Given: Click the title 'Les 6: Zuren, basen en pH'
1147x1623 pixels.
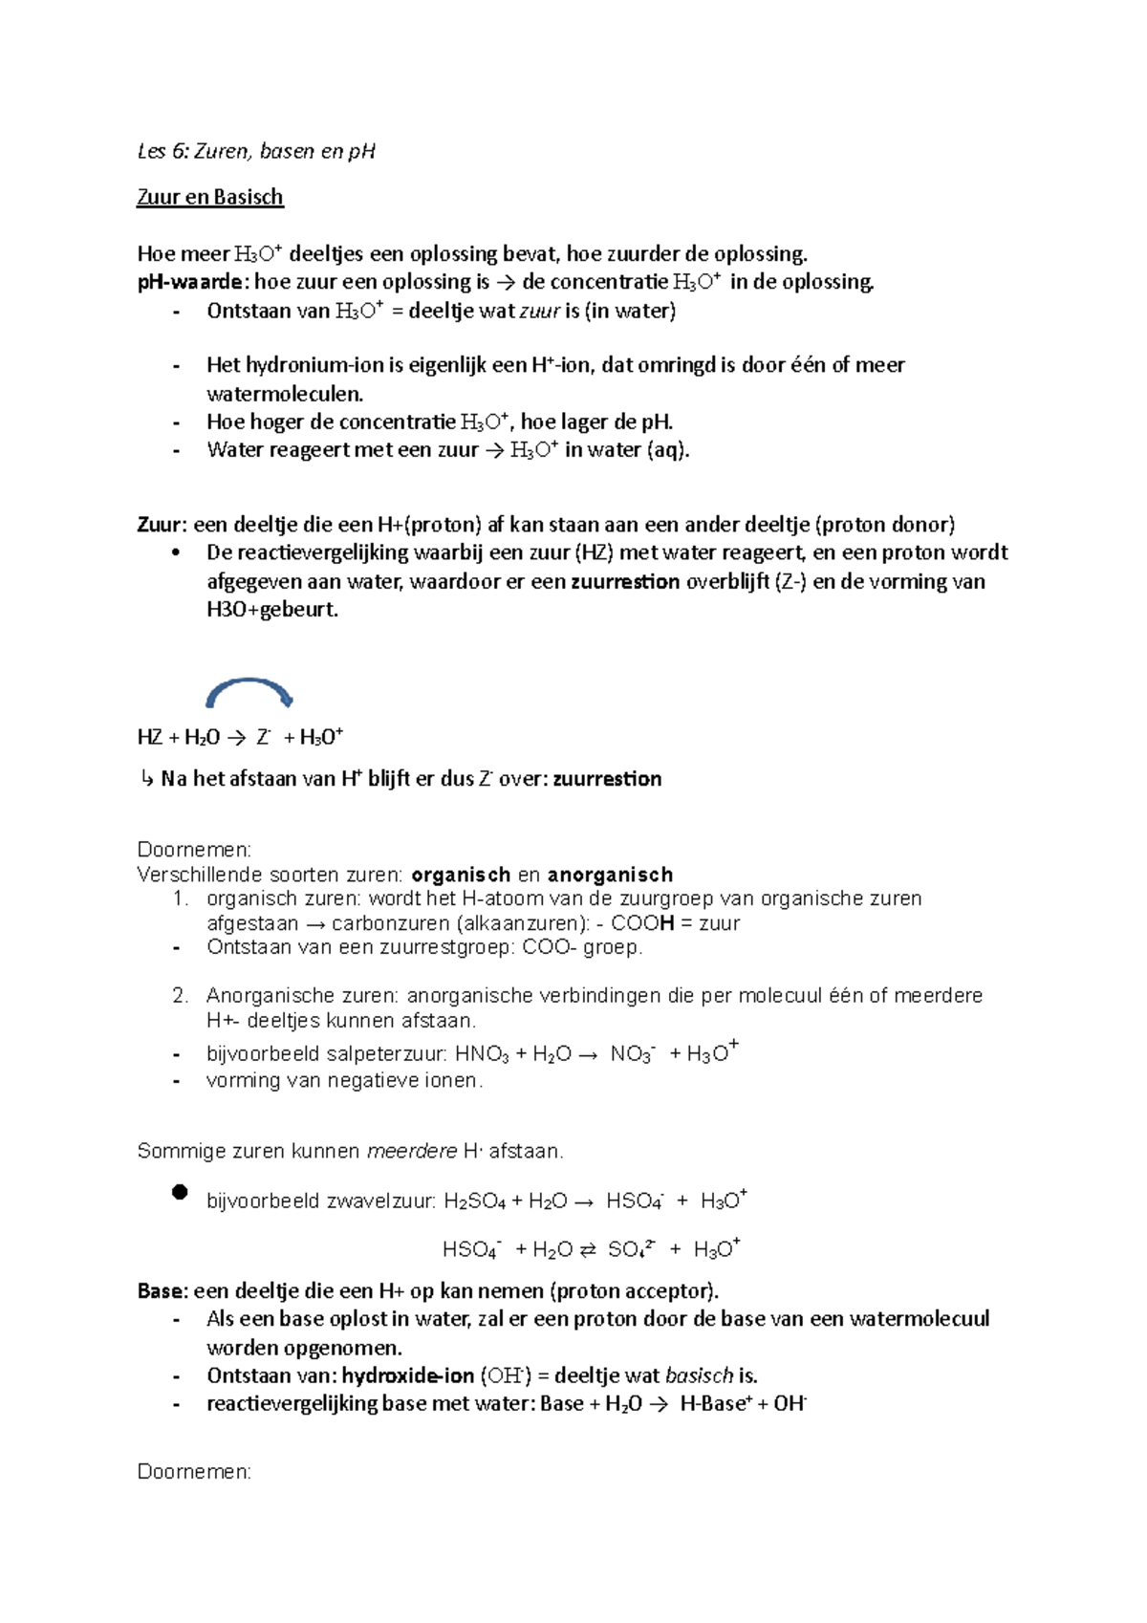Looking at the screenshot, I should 256,151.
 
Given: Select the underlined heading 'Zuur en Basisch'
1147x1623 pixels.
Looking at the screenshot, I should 210,197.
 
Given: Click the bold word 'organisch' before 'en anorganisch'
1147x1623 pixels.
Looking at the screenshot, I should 461,875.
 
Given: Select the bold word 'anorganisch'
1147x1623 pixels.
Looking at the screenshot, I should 610,875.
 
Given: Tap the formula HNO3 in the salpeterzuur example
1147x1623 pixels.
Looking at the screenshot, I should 482,1054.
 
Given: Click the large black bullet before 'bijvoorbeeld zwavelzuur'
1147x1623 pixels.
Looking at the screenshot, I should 180,1192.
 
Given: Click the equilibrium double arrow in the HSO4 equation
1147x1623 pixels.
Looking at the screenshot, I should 588,1250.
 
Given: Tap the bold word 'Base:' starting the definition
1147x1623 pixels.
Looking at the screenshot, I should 162,1291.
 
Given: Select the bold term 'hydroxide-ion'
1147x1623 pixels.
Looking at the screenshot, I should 408,1376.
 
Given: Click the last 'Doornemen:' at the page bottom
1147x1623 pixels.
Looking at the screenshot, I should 194,1472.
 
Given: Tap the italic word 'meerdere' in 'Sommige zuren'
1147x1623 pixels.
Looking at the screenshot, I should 412,1152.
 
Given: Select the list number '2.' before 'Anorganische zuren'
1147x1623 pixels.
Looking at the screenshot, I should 181,996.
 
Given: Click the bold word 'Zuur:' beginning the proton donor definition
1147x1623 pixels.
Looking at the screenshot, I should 162,525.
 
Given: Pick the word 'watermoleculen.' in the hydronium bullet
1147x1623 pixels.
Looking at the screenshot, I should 285,394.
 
